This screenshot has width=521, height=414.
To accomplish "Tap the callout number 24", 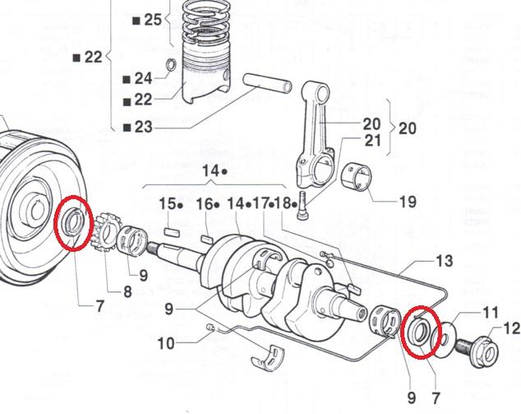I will pyautogui.click(x=143, y=79).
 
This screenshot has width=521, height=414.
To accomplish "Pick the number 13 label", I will pyautogui.click(x=444, y=262).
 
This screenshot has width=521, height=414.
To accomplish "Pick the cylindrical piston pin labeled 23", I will pyautogui.click(x=268, y=84).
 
